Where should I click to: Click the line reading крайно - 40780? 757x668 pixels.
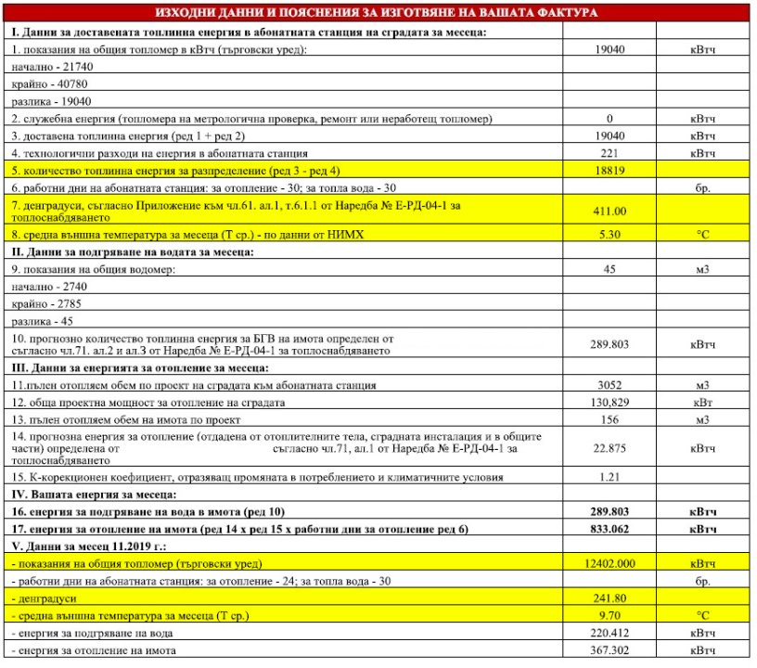(52, 83)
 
